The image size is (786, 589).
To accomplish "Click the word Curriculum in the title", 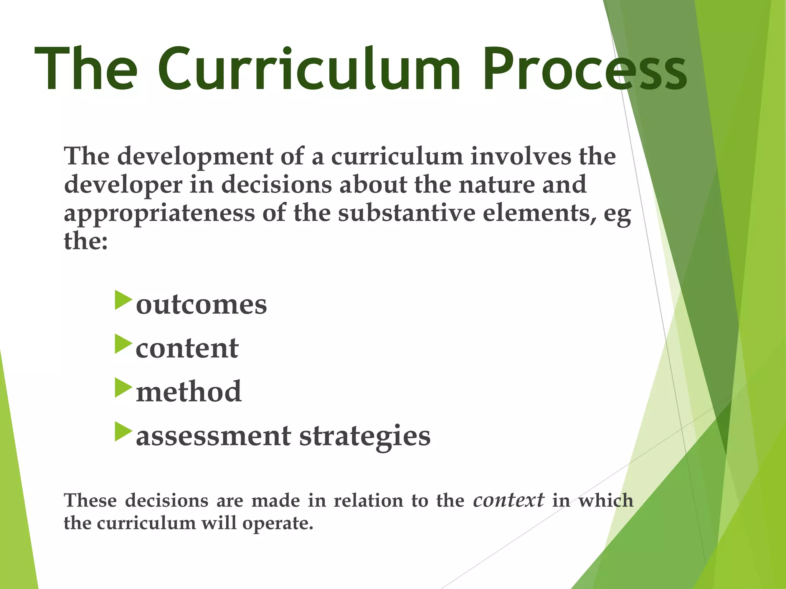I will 309,69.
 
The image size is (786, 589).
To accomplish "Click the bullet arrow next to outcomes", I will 123,300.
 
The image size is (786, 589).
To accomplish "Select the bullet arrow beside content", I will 123,344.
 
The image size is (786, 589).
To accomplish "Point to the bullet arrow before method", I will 123,388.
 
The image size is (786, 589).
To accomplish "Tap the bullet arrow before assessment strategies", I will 123,431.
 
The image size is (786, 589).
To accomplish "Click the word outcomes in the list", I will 201,305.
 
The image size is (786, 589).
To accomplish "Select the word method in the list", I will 188,392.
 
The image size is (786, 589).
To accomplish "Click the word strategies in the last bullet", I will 365,436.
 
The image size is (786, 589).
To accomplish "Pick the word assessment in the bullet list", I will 213,436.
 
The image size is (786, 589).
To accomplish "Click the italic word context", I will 508,500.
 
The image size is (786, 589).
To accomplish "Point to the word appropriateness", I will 159,213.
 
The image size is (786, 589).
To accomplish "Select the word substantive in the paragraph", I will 406,213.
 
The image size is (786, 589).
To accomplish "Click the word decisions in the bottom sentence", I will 167,501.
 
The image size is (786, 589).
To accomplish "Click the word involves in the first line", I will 521,156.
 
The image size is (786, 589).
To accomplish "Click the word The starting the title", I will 86,69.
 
